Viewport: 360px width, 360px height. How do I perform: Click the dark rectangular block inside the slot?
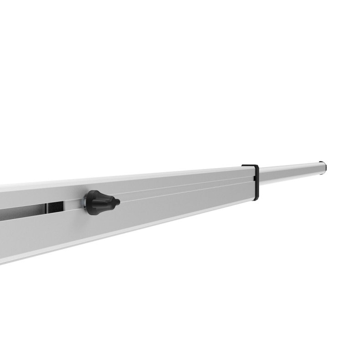[56, 208]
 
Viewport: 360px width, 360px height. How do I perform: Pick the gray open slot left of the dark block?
[23, 212]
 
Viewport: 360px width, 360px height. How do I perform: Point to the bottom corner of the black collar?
[256, 199]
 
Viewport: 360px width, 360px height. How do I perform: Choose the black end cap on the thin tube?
[323, 167]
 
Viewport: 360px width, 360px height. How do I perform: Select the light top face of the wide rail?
[137, 177]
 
